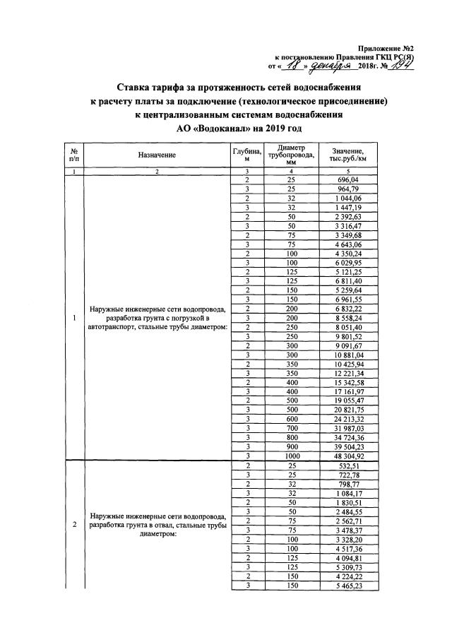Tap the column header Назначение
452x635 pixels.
[x=157, y=155]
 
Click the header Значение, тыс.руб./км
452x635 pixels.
[x=345, y=155]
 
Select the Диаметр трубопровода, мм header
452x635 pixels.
[x=291, y=155]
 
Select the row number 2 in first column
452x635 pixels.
[x=74, y=525]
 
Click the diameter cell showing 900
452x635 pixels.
[x=291, y=446]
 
